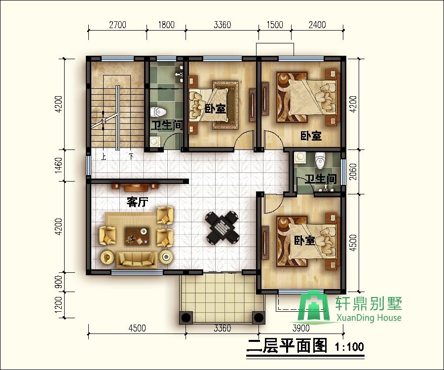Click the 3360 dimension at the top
tap(222, 25)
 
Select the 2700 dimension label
tap(117, 25)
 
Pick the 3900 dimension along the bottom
tap(301, 328)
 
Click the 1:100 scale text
tap(349, 347)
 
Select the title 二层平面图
tap(287, 346)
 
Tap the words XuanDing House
tap(368, 318)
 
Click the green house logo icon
tap(316, 307)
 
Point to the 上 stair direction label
tap(104, 157)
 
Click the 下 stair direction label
tap(131, 157)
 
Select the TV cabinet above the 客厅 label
tap(134, 187)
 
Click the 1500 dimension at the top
tap(274, 25)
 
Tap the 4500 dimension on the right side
tap(353, 243)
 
